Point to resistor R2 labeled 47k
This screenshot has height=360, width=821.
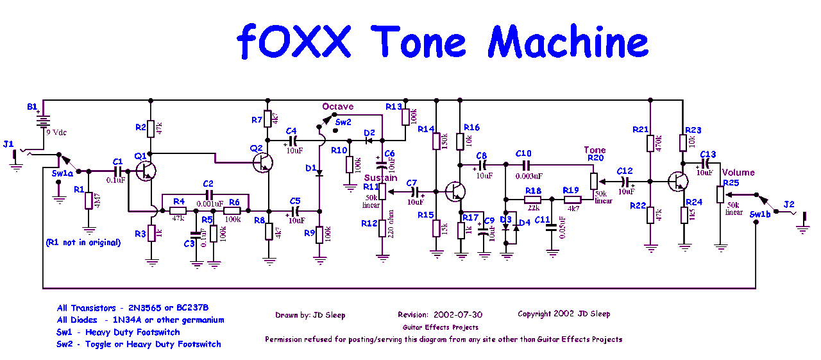(x=150, y=129)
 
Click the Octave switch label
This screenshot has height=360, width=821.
(x=337, y=107)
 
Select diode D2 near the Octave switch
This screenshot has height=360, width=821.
(x=369, y=141)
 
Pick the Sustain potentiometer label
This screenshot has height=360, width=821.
(x=380, y=178)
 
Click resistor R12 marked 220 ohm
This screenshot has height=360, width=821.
(x=383, y=228)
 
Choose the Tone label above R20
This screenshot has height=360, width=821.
(x=595, y=150)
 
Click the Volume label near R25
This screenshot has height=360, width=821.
(x=738, y=172)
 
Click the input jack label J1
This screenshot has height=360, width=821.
(x=8, y=144)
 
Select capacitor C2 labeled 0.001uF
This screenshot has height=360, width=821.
(x=208, y=193)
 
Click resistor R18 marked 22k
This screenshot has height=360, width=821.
(x=532, y=200)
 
